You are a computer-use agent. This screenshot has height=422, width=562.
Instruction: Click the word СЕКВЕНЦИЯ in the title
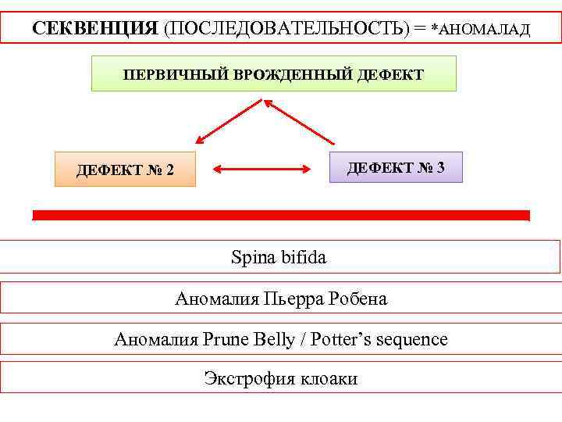click(x=94, y=28)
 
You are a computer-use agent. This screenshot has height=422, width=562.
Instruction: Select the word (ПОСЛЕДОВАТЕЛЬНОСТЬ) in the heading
click(x=286, y=28)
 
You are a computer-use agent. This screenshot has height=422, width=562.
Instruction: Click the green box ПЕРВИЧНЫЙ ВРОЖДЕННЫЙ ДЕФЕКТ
click(x=273, y=74)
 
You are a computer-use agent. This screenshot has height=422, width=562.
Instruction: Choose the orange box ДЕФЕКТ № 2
click(x=125, y=170)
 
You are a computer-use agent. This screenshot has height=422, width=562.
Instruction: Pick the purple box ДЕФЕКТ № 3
click(x=395, y=167)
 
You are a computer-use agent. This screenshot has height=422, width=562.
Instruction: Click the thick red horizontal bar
click(x=281, y=215)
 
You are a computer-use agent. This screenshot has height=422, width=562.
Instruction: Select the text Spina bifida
click(x=278, y=256)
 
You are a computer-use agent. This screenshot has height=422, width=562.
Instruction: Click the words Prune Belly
click(x=249, y=339)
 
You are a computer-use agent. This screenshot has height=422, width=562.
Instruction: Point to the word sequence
click(x=411, y=340)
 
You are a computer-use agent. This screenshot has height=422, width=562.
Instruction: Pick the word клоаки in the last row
click(x=327, y=379)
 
